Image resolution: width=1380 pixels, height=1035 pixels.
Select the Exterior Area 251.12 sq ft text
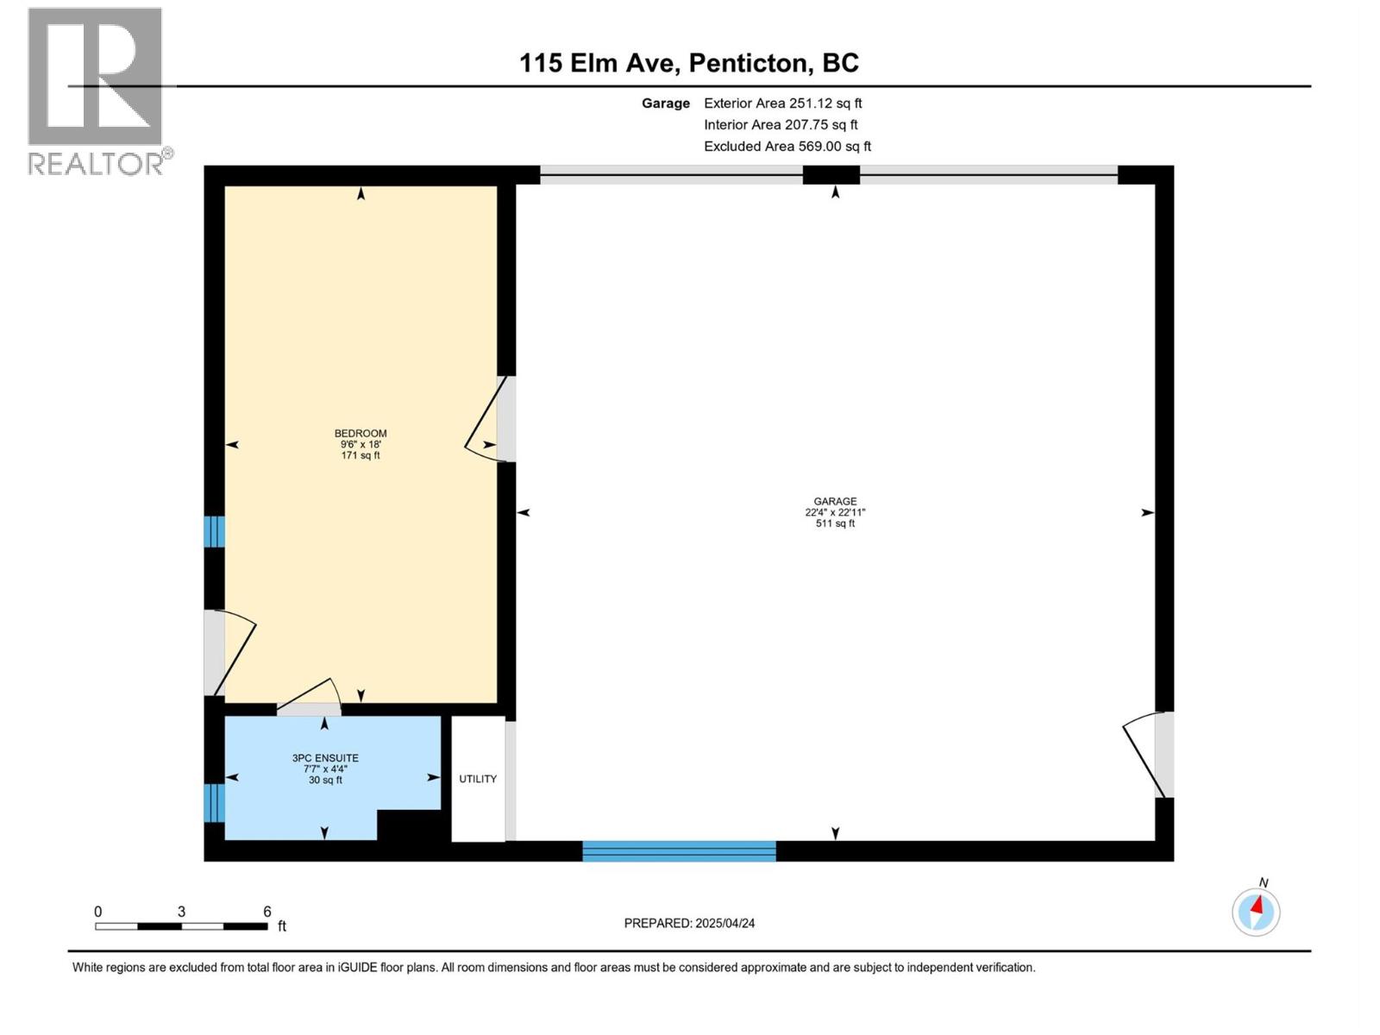(782, 103)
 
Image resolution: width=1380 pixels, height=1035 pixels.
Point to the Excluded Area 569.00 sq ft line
(787, 147)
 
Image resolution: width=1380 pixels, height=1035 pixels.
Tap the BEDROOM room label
(361, 434)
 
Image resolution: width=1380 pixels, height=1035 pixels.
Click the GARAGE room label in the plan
(835, 501)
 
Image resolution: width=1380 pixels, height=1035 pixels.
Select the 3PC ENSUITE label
(325, 759)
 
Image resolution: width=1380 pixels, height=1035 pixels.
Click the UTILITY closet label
(478, 779)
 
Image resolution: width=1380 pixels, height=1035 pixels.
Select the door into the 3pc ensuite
(309, 700)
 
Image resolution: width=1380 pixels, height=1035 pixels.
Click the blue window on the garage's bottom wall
(679, 851)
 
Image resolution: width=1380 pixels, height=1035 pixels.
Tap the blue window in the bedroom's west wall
(214, 531)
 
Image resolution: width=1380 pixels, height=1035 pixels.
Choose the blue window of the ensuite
(214, 803)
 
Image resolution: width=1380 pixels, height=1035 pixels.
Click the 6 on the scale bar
(267, 912)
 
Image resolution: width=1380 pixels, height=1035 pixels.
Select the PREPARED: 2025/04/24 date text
(689, 923)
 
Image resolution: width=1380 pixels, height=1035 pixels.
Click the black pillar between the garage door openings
(831, 175)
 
